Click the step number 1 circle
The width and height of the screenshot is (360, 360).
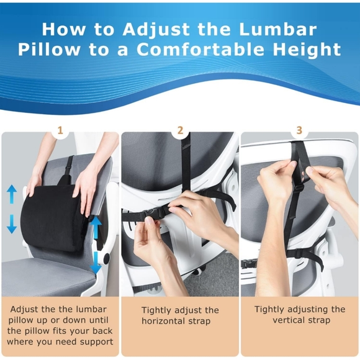click(60, 130)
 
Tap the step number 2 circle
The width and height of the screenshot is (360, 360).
click(180, 130)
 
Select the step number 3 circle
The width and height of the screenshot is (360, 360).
click(299, 130)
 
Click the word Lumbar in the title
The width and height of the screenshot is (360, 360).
click(279, 29)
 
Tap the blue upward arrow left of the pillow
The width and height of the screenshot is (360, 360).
click(12, 194)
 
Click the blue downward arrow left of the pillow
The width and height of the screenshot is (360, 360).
click(12, 223)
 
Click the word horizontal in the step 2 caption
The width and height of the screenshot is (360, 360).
click(166, 321)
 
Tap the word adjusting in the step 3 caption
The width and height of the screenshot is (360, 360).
click(307, 308)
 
